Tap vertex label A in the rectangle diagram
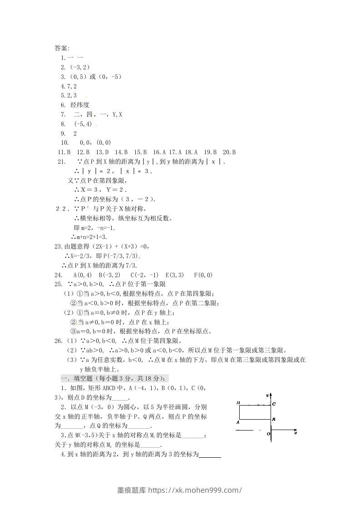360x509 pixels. pyautogui.click(x=238, y=422)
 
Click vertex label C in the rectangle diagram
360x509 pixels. pyautogui.click(x=274, y=403)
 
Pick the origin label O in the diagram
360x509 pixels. pyautogui.click(x=269, y=434)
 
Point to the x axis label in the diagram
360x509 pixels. pyautogui.click(x=295, y=433)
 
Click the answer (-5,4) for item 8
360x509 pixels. pyautogui.click(x=83, y=124)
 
